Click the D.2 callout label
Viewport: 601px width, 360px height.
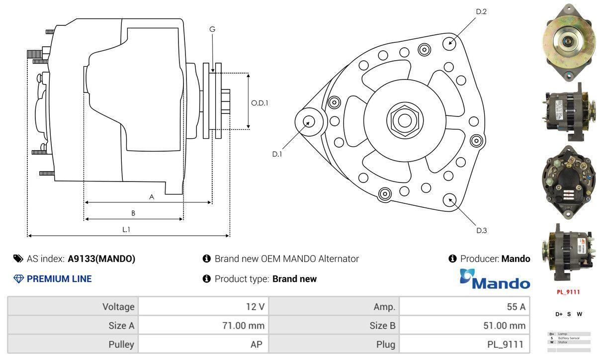tap(481, 11)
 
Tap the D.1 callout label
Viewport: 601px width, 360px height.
tap(277, 154)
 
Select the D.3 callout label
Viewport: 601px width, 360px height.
tap(481, 230)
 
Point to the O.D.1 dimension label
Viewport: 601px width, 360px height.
tap(259, 103)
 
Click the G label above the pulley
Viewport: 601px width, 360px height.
tap(212, 29)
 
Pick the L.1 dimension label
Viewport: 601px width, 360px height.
tap(126, 229)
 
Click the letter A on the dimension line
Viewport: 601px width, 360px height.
tap(152, 197)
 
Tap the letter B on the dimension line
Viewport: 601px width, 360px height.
tap(133, 213)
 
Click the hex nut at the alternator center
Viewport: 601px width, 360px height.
tap(405, 120)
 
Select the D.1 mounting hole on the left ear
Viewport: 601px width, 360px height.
tap(309, 121)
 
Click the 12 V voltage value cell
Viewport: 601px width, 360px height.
tap(203, 306)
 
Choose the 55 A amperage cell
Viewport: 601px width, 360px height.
tap(464, 306)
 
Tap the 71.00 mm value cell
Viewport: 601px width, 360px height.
tap(203, 326)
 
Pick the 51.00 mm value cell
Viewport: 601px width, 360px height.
tap(464, 326)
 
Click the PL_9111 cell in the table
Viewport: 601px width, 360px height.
tap(464, 344)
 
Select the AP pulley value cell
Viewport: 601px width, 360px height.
tap(203, 344)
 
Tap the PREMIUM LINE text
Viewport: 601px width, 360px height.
tap(59, 279)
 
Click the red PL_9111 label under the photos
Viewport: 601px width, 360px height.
tap(568, 292)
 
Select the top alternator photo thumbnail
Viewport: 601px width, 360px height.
tap(569, 43)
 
